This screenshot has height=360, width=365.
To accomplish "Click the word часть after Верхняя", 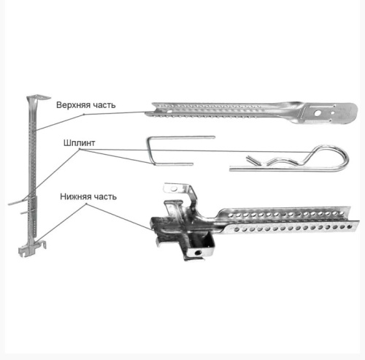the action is pyautogui.click(x=103, y=105).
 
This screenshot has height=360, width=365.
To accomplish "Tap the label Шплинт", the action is pyautogui.click(x=79, y=143).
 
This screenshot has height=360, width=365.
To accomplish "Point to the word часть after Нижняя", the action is pyautogui.click(x=105, y=196).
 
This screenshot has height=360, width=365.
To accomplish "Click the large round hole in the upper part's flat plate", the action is pyautogui.click(x=318, y=113).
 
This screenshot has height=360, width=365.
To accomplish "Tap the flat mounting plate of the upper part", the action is pyautogui.click(x=328, y=113).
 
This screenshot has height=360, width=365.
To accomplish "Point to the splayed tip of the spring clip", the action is pyautogui.click(x=250, y=159).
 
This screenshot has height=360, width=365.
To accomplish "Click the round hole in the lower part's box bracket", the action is pyautogui.click(x=197, y=253).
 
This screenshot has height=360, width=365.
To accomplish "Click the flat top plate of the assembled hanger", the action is pyautogui.click(x=39, y=97).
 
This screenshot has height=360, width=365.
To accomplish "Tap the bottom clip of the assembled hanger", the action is pyautogui.click(x=32, y=248).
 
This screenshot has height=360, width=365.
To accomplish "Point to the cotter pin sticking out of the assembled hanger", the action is pyautogui.click(x=18, y=202).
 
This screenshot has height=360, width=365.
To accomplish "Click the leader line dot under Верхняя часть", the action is pyautogui.click(x=84, y=114).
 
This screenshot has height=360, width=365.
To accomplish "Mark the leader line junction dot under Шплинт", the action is pyautogui.click(x=80, y=150).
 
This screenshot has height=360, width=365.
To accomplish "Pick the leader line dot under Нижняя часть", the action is pyautogui.click(x=86, y=204).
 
